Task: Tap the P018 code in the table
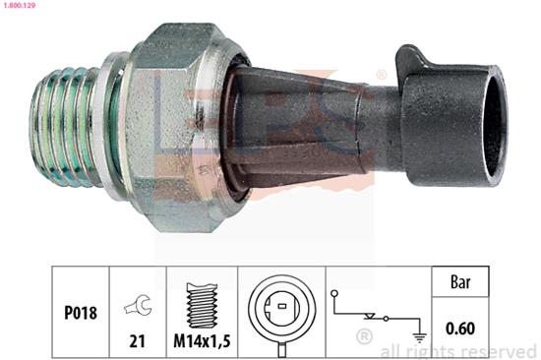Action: (x=81, y=313)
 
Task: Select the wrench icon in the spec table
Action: (x=138, y=305)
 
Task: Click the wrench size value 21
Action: (x=138, y=341)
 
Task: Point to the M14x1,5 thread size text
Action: (x=202, y=341)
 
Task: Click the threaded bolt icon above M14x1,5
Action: (x=203, y=306)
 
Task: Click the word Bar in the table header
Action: (x=460, y=281)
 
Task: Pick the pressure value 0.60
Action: (x=460, y=328)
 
